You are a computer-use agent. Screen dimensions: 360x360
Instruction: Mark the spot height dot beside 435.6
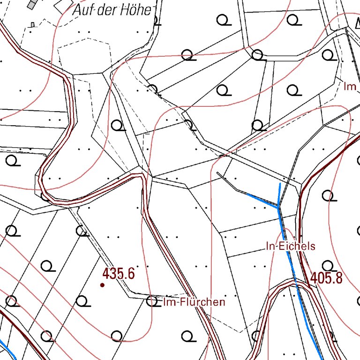[x=102, y=285]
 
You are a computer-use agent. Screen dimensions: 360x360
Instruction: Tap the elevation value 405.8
[x=326, y=278]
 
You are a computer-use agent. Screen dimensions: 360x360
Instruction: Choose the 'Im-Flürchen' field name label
[x=194, y=302]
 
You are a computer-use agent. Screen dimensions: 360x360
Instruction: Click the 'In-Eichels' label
[x=291, y=246]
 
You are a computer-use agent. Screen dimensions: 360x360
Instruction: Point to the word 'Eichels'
[x=297, y=246]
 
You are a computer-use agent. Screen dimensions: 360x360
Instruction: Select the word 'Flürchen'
[x=200, y=302]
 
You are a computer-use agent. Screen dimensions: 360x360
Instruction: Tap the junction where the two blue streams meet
[x=278, y=206]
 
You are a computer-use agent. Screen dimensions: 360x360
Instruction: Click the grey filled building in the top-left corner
[x=32, y=4]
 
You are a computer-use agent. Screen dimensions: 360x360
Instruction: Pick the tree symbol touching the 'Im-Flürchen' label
[x=152, y=301]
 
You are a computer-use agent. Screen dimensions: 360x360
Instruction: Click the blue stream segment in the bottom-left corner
[x=7, y=349]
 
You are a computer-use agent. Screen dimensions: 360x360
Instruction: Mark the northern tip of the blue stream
[x=280, y=184]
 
